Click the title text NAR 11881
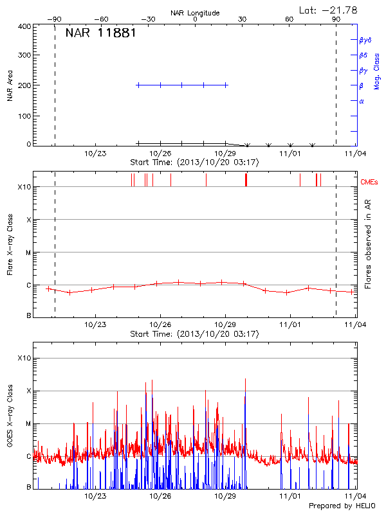pos(100,33)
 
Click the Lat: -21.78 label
pos(329,10)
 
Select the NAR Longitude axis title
pos(195,13)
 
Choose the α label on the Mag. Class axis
pos(362,101)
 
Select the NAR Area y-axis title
pos(10,86)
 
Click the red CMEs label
pos(369,183)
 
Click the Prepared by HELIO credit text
pos(340,506)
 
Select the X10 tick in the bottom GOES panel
pos(24,358)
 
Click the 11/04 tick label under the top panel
pos(356,154)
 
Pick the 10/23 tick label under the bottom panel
pos(95,496)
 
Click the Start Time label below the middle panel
pos(194,334)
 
